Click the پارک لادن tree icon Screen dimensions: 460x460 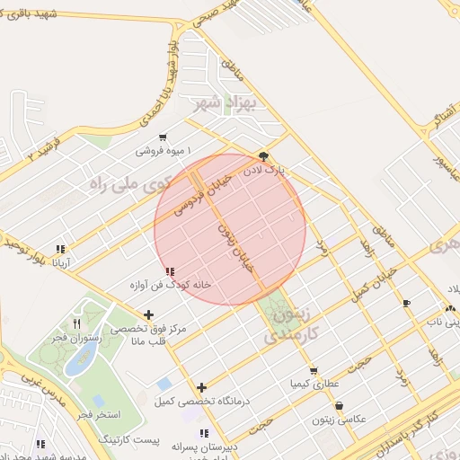tap(262, 155)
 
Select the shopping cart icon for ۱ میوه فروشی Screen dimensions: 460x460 tap(162, 137)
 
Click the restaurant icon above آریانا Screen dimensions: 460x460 tap(60, 249)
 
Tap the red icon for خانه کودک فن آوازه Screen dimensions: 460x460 tap(171, 270)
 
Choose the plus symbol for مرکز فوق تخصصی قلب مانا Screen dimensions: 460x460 tap(148, 314)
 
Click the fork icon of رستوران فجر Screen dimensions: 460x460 tap(77, 323)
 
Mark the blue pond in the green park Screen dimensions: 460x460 tap(82, 359)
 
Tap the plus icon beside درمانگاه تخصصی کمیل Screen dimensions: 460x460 tap(202, 387)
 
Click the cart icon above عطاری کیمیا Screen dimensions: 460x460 tap(313, 370)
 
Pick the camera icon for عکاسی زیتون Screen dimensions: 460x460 tap(339, 406)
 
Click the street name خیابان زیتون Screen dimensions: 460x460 tap(237, 247)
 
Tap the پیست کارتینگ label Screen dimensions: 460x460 tap(127, 439)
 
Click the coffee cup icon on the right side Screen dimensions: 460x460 tap(407, 303)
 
